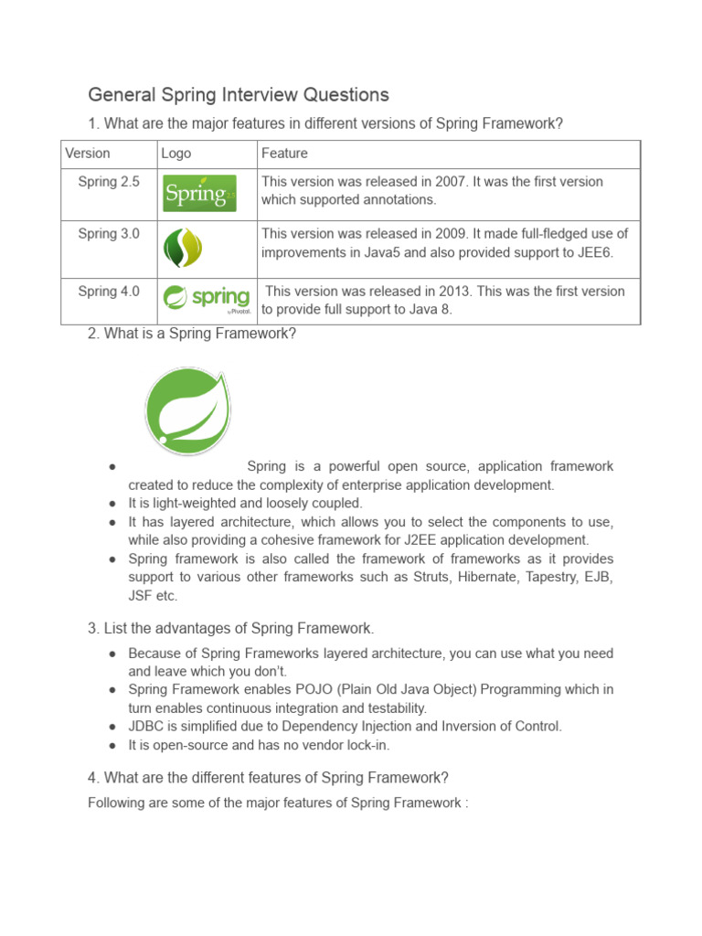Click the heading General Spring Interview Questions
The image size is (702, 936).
pos(238,95)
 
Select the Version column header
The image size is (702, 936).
pos(88,154)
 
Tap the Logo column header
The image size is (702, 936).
pos(176,154)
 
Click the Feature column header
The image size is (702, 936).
pos(284,154)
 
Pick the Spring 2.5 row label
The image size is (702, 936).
pos(109,182)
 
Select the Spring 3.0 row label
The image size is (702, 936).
pos(109,234)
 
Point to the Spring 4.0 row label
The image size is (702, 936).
pos(109,292)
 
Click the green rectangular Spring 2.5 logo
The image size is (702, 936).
pos(199,193)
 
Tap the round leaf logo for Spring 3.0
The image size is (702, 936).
pos(182,248)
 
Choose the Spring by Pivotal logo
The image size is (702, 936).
pos(206,300)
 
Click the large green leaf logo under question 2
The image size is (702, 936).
pos(187,409)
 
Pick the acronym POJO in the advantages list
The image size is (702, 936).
pos(287,689)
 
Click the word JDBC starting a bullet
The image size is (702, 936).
pos(145,726)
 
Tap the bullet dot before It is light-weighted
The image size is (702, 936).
pos(111,504)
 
